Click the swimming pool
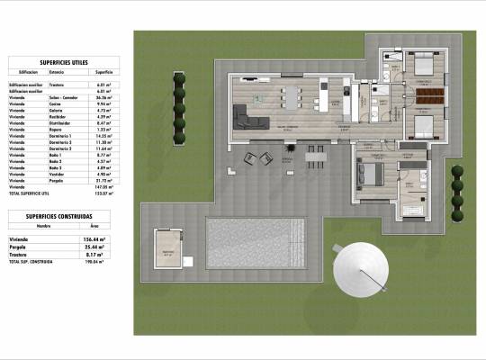point(262,243)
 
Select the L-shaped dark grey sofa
point(247,117)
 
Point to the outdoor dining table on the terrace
point(315,156)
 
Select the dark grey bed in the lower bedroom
point(371,171)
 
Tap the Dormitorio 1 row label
point(59,136)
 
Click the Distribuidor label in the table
point(58,123)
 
